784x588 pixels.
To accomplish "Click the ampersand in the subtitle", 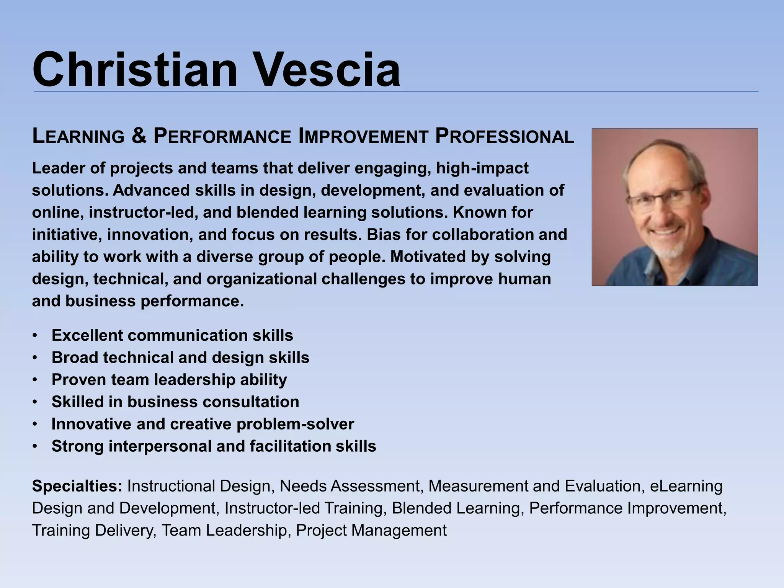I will click(139, 136).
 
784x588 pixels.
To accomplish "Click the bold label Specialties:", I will click(77, 486).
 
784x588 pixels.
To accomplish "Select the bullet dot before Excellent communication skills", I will click(35, 336).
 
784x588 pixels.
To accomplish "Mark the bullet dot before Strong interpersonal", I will click(35, 447).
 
